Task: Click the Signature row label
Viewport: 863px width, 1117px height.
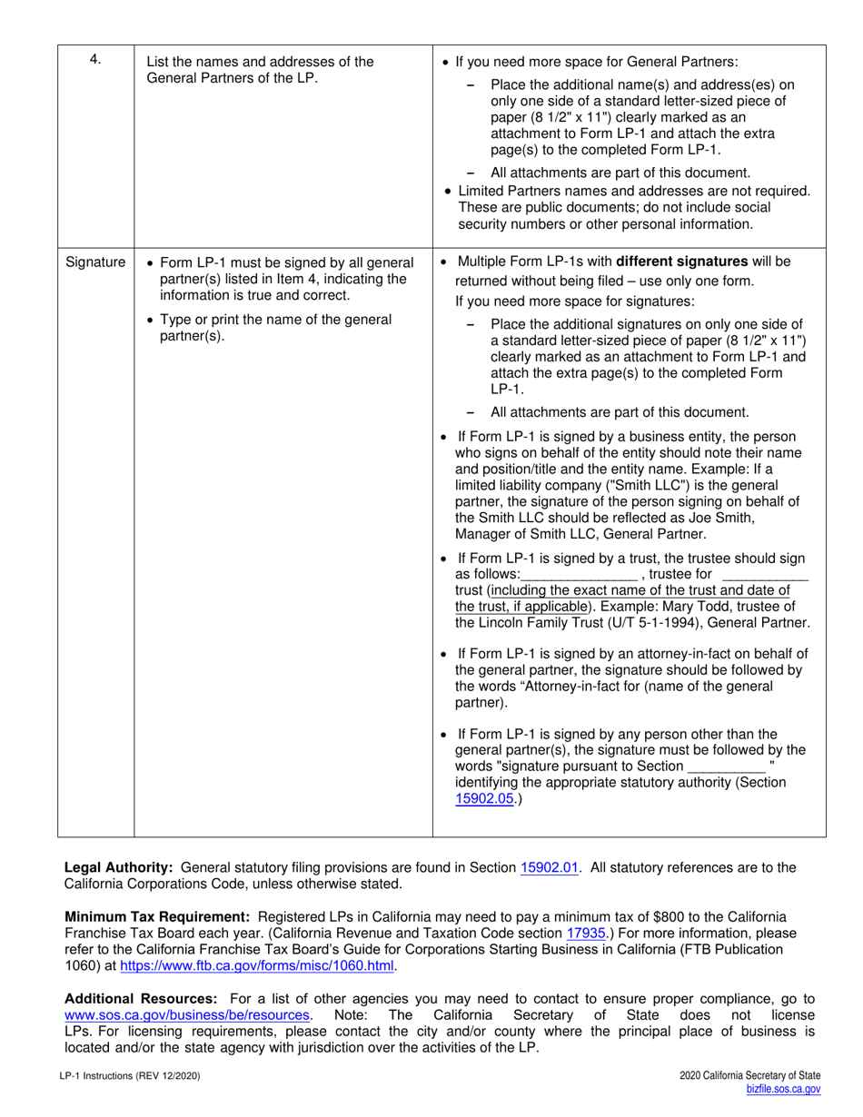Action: pyautogui.click(x=95, y=262)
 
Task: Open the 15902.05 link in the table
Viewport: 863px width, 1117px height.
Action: pyautogui.click(x=485, y=799)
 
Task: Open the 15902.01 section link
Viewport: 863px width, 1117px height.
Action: pyautogui.click(x=550, y=867)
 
